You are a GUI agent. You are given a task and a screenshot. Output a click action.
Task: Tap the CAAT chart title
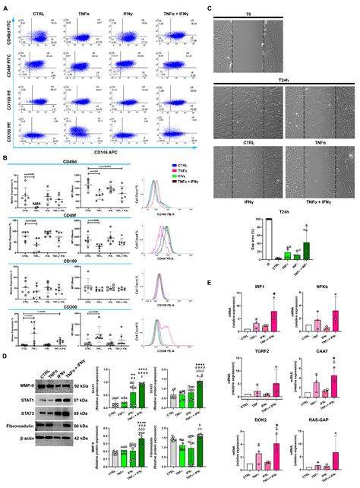[318, 352]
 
